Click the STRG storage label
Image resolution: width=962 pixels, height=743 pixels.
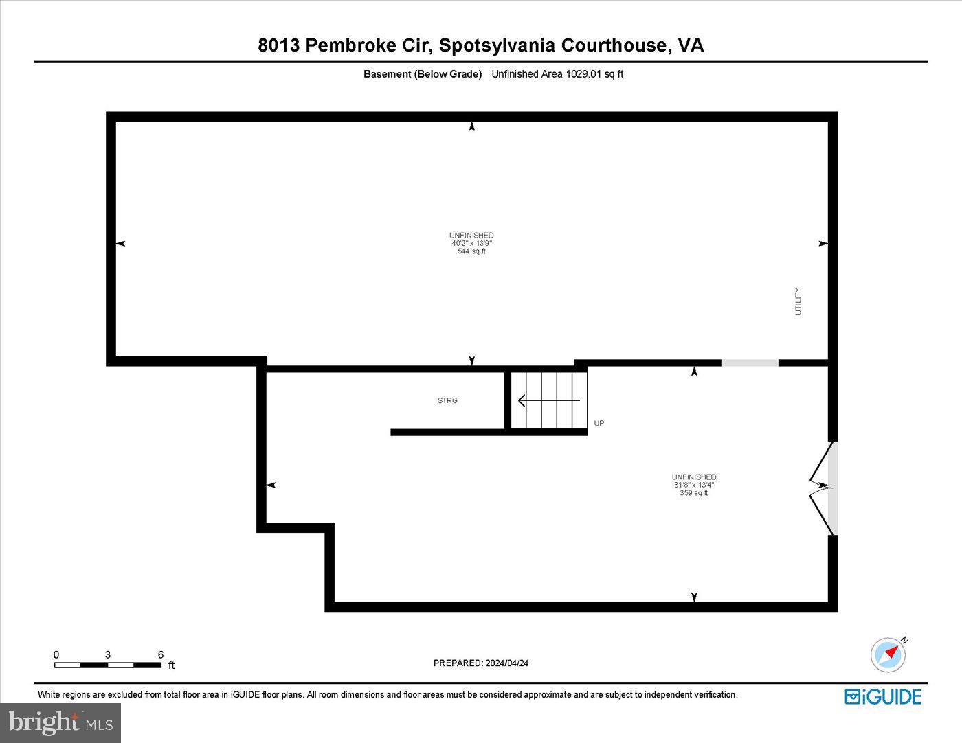click(x=447, y=400)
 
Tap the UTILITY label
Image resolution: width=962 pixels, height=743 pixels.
click(x=798, y=301)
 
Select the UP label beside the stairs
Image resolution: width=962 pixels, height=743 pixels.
click(x=599, y=424)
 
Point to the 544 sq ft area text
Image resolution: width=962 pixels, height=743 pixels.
click(x=471, y=251)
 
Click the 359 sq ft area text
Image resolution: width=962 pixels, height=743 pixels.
click(x=694, y=493)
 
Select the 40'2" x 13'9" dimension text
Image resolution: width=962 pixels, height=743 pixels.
click(x=471, y=243)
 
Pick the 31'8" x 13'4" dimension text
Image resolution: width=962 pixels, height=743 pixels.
click(x=694, y=485)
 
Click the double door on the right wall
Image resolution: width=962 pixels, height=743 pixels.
click(x=823, y=488)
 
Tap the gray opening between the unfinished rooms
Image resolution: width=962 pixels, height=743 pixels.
click(x=750, y=363)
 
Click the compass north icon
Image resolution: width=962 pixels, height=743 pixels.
click(x=888, y=654)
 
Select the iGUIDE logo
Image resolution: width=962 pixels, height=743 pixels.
click(x=883, y=696)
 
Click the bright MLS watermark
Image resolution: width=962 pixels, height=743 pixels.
click(x=60, y=722)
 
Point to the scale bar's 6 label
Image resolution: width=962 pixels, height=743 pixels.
click(x=161, y=654)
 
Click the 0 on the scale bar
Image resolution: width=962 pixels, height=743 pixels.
click(x=56, y=654)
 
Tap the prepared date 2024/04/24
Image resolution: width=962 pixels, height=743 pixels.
click(x=506, y=663)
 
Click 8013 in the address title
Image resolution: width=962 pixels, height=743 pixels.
click(x=278, y=45)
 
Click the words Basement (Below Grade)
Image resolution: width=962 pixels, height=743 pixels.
click(x=423, y=74)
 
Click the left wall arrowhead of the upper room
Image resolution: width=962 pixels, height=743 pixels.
click(x=121, y=244)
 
